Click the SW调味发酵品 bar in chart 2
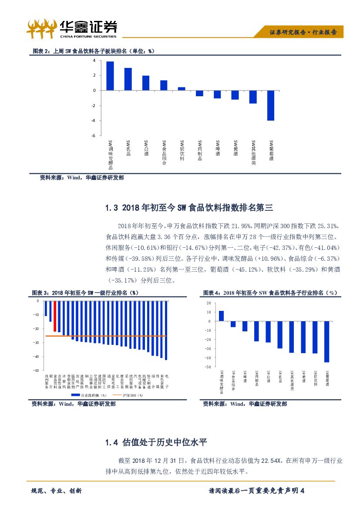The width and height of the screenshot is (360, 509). coord(110,76)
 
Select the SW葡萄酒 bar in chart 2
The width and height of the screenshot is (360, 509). coord(271,105)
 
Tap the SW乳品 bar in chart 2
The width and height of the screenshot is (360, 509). coord(128,79)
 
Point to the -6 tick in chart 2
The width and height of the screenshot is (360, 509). coord(93,136)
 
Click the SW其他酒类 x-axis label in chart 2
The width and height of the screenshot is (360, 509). coord(253,152)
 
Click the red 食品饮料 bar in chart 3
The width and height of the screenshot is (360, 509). coord(55,316)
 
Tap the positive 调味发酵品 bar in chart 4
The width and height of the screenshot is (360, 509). coord(221,316)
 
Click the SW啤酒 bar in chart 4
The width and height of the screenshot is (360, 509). coord(245,326)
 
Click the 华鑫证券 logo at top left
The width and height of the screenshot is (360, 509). coord(72,28)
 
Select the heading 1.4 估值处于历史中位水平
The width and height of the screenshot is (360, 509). coord(155,442)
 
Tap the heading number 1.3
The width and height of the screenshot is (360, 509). coord(112,208)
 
